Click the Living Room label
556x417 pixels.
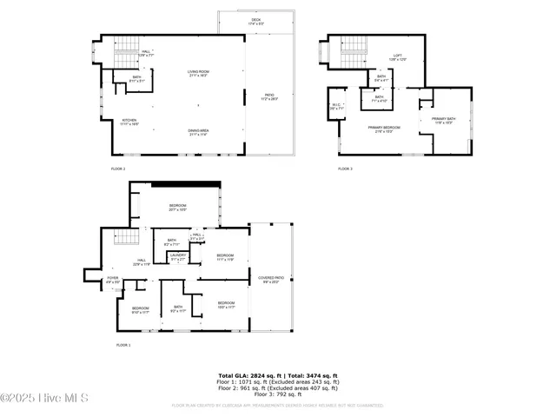pos(205,73)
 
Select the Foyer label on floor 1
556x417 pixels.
pos(113,280)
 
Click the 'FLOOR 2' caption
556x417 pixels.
pos(117,168)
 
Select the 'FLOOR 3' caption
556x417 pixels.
pos(346,168)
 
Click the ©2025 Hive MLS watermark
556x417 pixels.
pos(44,399)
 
